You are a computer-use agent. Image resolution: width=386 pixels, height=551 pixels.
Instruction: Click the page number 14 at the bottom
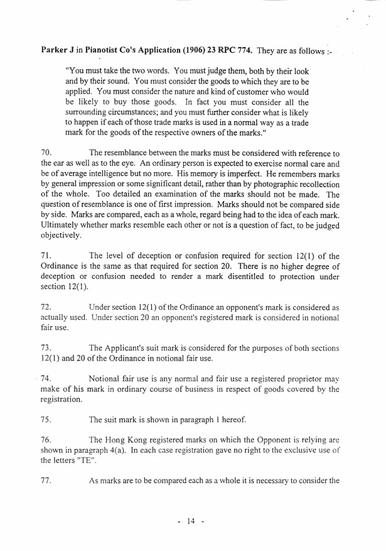tap(191, 522)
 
